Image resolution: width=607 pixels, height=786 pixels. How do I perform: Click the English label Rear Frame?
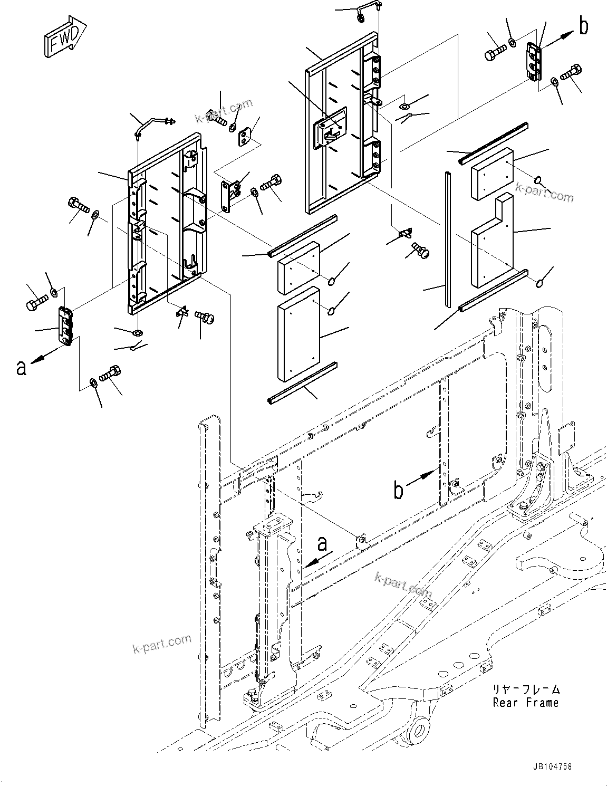click(x=525, y=703)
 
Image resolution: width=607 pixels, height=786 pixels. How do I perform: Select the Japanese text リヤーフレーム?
click(x=525, y=689)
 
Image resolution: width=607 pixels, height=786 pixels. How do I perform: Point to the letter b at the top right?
click(x=583, y=26)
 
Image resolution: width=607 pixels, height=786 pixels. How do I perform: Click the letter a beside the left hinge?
click(x=21, y=367)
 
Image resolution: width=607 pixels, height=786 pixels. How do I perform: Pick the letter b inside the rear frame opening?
click(x=399, y=491)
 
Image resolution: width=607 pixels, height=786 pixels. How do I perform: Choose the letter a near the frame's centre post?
click(x=322, y=543)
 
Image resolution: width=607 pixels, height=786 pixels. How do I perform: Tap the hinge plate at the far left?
click(x=65, y=326)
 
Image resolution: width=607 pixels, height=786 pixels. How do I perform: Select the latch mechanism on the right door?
click(x=330, y=128)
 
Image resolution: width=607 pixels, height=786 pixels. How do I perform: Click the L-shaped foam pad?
click(x=492, y=241)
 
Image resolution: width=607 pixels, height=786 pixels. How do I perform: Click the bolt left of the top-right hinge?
click(x=494, y=52)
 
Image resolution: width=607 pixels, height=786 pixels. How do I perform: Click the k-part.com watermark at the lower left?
click(x=162, y=642)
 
